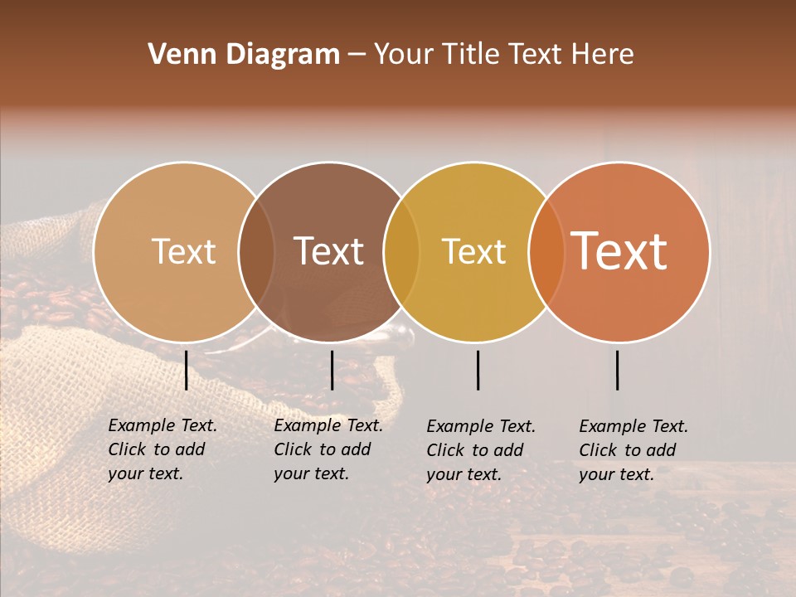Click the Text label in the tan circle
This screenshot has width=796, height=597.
coord(183,251)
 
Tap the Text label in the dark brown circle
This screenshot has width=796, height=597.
coord(328,251)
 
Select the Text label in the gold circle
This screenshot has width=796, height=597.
coord(473,251)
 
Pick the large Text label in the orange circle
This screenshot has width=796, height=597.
coord(619,251)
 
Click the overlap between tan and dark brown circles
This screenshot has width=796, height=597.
coord(256,251)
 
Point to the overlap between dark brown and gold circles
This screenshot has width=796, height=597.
coord(401,251)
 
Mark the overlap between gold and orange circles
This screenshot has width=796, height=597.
coord(546,251)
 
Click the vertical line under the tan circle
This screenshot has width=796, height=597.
coord(187,370)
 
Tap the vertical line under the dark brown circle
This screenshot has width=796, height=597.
coord(332,370)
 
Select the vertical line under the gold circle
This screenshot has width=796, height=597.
coord(478,370)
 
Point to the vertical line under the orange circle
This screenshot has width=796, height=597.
coord(618,370)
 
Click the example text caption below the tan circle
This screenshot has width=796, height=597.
coord(162,449)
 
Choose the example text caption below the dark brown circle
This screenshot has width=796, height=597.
coord(328,449)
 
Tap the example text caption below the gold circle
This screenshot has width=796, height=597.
coord(480,450)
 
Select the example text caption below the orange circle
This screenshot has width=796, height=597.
coord(633,450)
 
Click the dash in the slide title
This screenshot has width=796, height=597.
coord(357,56)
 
